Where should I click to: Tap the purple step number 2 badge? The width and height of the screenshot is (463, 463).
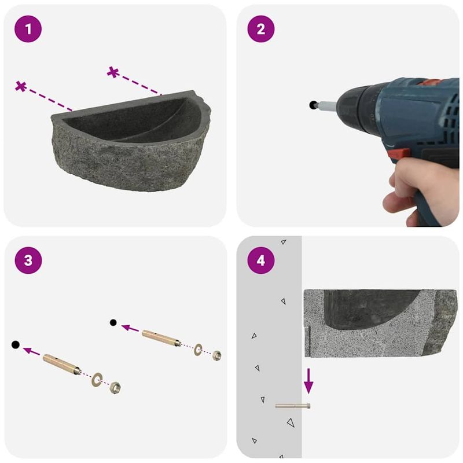[x=260, y=29]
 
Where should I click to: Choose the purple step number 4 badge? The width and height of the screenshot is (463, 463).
[x=260, y=260]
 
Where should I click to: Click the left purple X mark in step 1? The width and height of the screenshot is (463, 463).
[x=21, y=87]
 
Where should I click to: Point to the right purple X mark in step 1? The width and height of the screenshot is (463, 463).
[x=113, y=72]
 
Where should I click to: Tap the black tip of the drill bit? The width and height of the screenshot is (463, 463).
[x=313, y=105]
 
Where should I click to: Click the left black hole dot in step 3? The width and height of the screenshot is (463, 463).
[x=15, y=345]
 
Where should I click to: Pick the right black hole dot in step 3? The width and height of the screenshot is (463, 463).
[x=113, y=322]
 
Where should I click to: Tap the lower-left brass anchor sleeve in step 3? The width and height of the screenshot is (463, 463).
[x=61, y=364]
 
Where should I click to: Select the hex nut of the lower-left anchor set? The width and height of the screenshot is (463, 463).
[x=115, y=387]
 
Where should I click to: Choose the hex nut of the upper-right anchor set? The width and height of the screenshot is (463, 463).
[x=217, y=355]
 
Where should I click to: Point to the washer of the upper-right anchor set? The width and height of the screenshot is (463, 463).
[x=199, y=348]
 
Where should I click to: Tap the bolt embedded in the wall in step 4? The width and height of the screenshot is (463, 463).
[x=293, y=406]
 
